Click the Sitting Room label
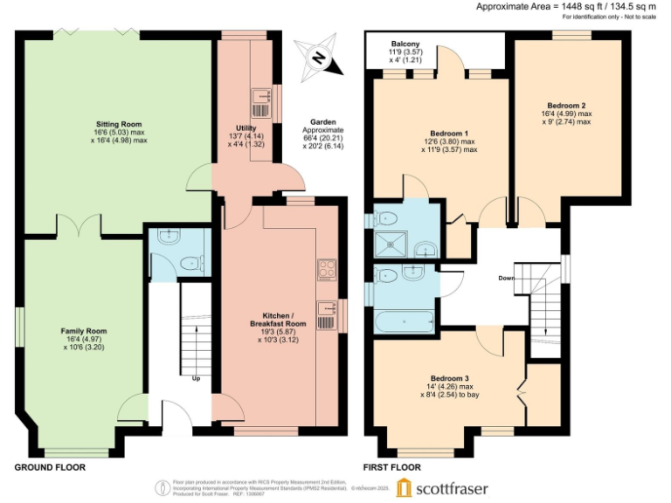pos(119,125)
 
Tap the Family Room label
pos(84,331)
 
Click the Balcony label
pos(405,44)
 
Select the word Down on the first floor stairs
pos(505,279)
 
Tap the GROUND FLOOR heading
pos(50,467)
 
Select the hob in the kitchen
pos(326,268)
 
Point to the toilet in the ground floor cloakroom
pos(189,261)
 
